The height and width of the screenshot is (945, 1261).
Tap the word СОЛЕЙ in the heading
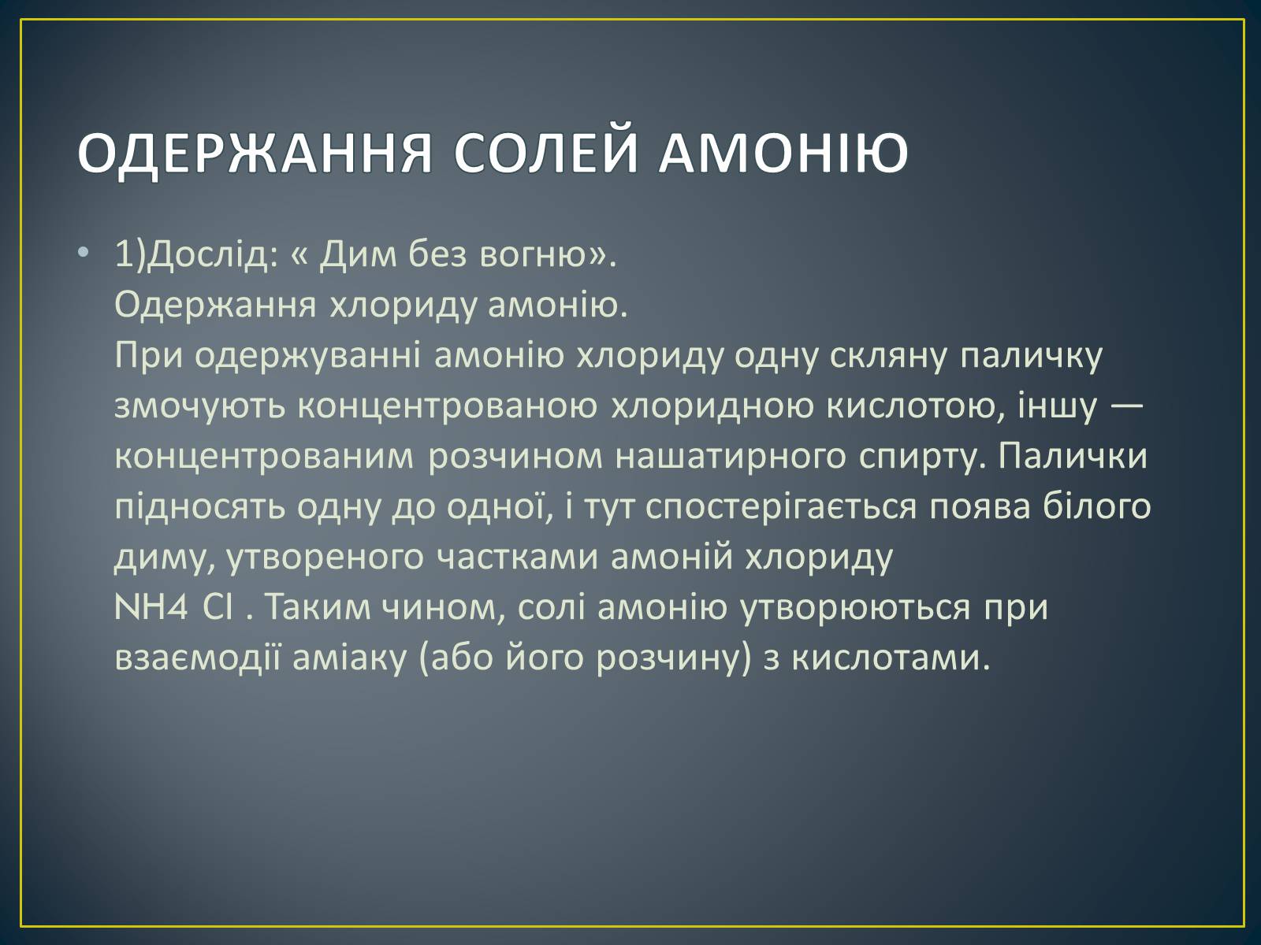[545, 151]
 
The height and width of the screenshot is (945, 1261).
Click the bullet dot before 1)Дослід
[84, 252]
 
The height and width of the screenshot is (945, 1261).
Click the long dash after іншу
[1125, 405]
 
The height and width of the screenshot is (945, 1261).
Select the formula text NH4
[151, 606]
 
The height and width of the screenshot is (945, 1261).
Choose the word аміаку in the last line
[349, 657]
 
